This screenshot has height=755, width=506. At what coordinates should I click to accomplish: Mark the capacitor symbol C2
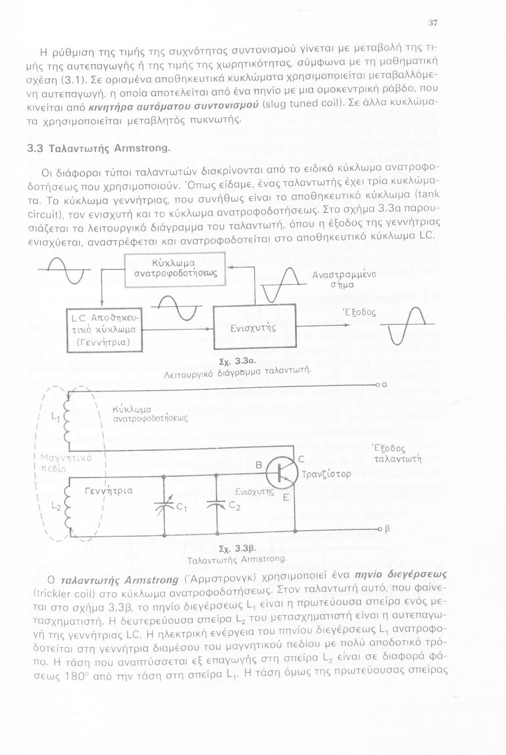pos(216,505)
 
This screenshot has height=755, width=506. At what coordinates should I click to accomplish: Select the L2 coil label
pos(56,508)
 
